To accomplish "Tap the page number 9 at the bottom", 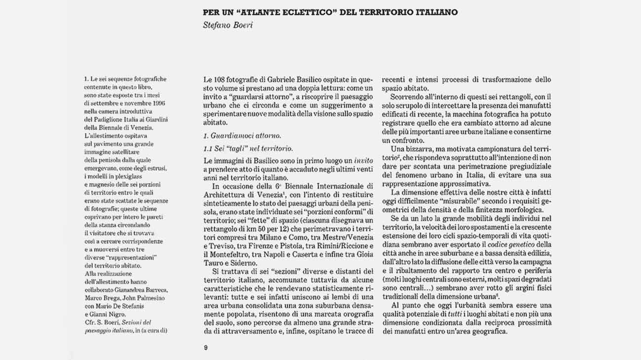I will [206, 347].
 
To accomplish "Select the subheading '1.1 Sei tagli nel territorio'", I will [248, 148].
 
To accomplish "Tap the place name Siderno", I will [250, 262].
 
